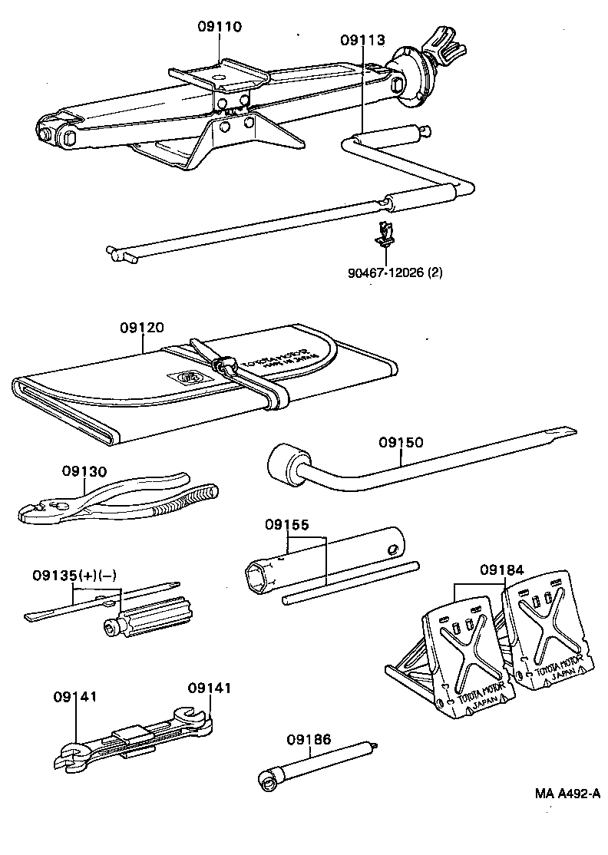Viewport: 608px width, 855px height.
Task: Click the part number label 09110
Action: tap(219, 27)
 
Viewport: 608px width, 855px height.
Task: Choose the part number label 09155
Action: tap(287, 526)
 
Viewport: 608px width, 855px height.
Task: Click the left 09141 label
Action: tap(74, 696)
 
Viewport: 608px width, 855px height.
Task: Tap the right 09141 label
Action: tap(209, 688)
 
